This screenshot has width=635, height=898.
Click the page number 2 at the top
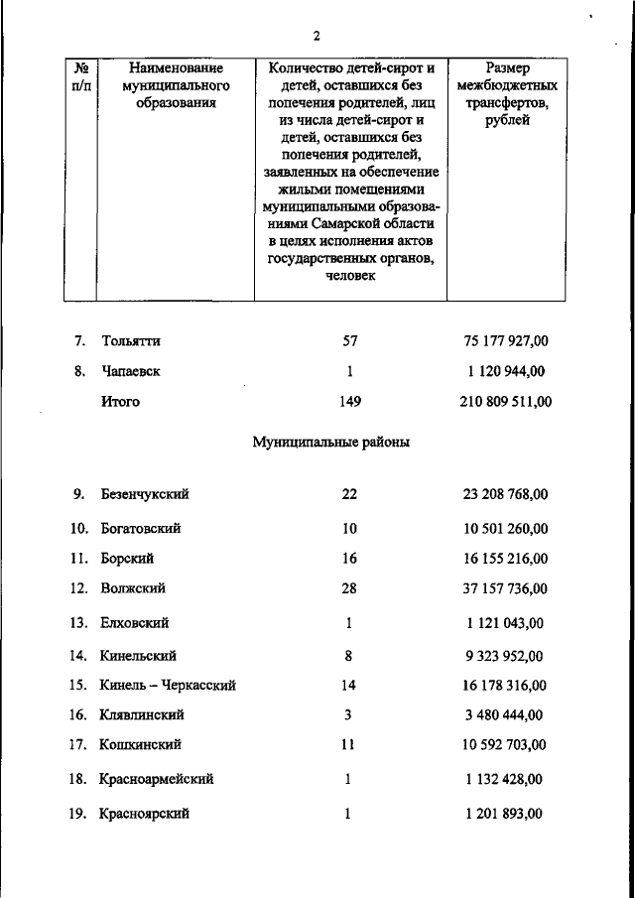pyautogui.click(x=317, y=37)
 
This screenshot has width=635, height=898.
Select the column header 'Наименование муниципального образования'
pyautogui.click(x=175, y=84)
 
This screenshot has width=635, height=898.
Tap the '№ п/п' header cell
pyautogui.click(x=82, y=76)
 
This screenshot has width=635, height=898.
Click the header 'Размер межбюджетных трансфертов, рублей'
pyautogui.click(x=507, y=93)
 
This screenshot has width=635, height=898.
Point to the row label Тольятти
pyautogui.click(x=130, y=341)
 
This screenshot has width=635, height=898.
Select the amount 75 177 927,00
pyautogui.click(x=506, y=341)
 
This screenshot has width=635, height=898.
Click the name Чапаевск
pyautogui.click(x=130, y=371)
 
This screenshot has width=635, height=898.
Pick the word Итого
pyautogui.click(x=120, y=402)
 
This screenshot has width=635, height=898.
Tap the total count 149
pyautogui.click(x=349, y=402)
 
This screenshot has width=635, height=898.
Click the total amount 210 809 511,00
pyautogui.click(x=506, y=402)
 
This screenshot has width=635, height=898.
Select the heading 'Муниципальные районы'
pyautogui.click(x=331, y=443)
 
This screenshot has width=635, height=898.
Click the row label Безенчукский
pyautogui.click(x=145, y=494)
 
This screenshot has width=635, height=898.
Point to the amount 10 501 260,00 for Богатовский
pyautogui.click(x=506, y=529)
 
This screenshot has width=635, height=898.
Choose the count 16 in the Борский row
pyautogui.click(x=349, y=559)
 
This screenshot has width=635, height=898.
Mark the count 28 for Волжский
pyautogui.click(x=349, y=588)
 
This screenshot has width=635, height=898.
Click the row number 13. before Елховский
pyautogui.click(x=79, y=623)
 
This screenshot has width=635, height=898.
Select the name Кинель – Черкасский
pyautogui.click(x=168, y=685)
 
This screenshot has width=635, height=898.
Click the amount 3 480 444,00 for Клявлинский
pyautogui.click(x=506, y=714)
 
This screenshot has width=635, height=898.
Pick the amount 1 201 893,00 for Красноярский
pyautogui.click(x=506, y=814)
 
